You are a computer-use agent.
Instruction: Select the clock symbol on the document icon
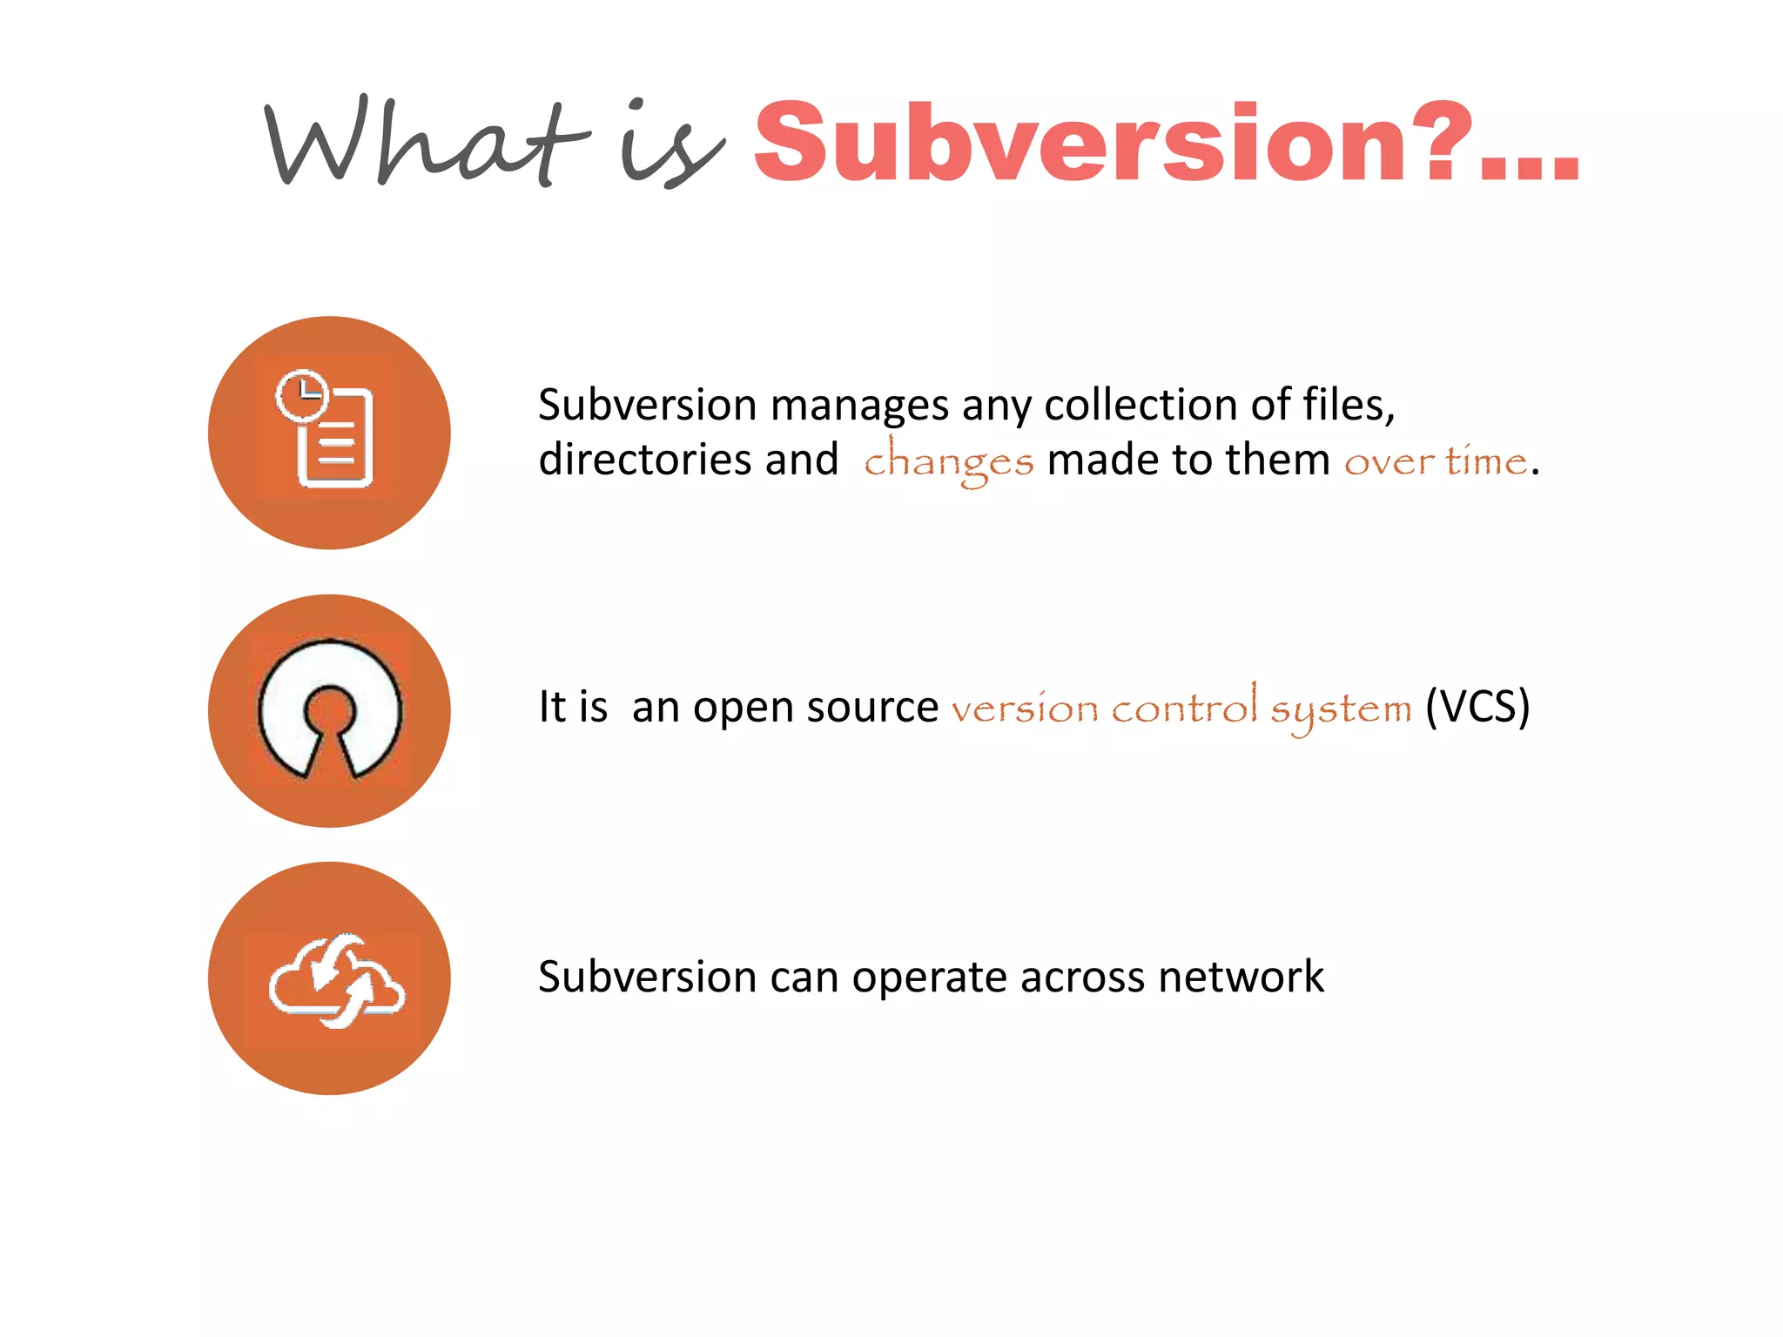click(x=301, y=396)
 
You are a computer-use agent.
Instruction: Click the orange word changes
click(x=948, y=461)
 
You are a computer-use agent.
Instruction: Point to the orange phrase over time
click(x=1436, y=460)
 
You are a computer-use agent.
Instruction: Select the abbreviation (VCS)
click(x=1477, y=706)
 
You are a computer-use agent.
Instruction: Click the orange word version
click(x=1025, y=709)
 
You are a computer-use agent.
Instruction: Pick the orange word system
click(x=1340, y=710)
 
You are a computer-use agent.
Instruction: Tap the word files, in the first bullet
click(x=1349, y=405)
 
